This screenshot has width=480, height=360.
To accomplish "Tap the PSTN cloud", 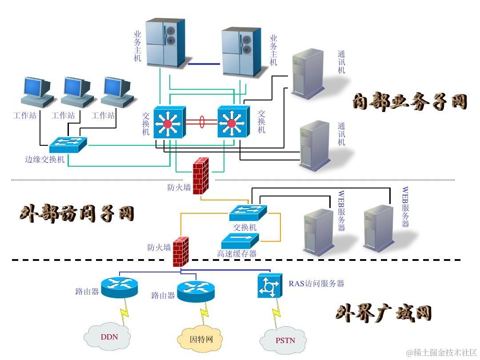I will [284, 340].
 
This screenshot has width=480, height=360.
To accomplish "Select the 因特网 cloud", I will [201, 339].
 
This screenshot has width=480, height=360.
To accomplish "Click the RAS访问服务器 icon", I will [270, 285].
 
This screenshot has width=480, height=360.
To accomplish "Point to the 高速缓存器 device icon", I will [240, 240].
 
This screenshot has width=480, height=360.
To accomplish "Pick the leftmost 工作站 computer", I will [37, 92].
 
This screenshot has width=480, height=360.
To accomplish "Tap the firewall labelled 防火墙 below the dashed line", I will [180, 252].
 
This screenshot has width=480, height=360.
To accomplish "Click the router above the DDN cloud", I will [120, 287].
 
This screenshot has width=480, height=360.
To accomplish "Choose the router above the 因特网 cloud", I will [196, 291].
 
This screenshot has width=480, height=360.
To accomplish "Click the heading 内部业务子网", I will [410, 101].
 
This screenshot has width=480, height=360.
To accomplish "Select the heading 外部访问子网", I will [77, 214].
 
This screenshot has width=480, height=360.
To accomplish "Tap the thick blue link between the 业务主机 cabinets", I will [204, 64].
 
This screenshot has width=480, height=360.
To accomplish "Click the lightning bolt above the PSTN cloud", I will [276, 311].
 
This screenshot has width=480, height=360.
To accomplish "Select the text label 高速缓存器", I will [237, 254].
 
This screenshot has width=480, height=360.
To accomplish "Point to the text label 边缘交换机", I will [45, 159].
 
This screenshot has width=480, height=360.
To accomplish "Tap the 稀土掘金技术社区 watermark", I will [441, 352].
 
